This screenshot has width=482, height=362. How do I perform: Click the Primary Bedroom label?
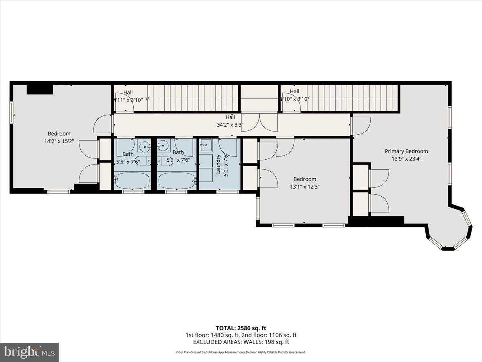click(x=406, y=151)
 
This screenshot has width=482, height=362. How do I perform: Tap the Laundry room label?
click(x=219, y=165)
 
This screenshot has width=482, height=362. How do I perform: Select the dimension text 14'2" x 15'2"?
click(x=59, y=141)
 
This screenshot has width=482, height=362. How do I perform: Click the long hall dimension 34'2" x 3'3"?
click(x=230, y=125)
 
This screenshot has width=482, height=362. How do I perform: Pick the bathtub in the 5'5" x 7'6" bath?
click(x=132, y=181)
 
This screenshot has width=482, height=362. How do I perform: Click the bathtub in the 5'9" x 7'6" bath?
click(x=177, y=181)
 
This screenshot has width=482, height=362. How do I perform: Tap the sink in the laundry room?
click(x=206, y=144)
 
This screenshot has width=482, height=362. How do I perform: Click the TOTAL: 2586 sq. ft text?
click(x=241, y=328)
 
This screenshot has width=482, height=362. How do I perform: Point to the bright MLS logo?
click(x=29, y=352)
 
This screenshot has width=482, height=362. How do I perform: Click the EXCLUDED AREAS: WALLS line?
click(x=241, y=342)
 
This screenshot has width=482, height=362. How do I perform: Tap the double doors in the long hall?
click(x=259, y=122)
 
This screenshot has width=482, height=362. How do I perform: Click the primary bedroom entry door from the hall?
click(x=361, y=125)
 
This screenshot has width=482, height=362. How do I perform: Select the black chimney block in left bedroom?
click(x=40, y=89)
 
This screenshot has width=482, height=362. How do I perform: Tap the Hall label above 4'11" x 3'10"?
click(x=128, y=93)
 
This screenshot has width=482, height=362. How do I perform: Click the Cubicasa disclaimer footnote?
click(x=241, y=352)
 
